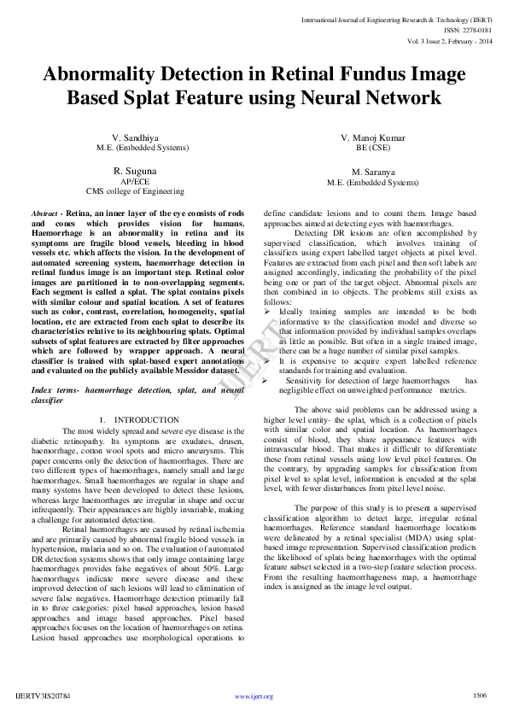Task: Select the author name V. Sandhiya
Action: (x=137, y=137)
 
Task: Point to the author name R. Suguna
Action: (x=135, y=171)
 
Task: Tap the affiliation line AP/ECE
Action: (x=135, y=181)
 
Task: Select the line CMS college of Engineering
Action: (x=135, y=191)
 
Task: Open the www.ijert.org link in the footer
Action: (x=254, y=697)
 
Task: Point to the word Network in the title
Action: (x=397, y=98)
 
